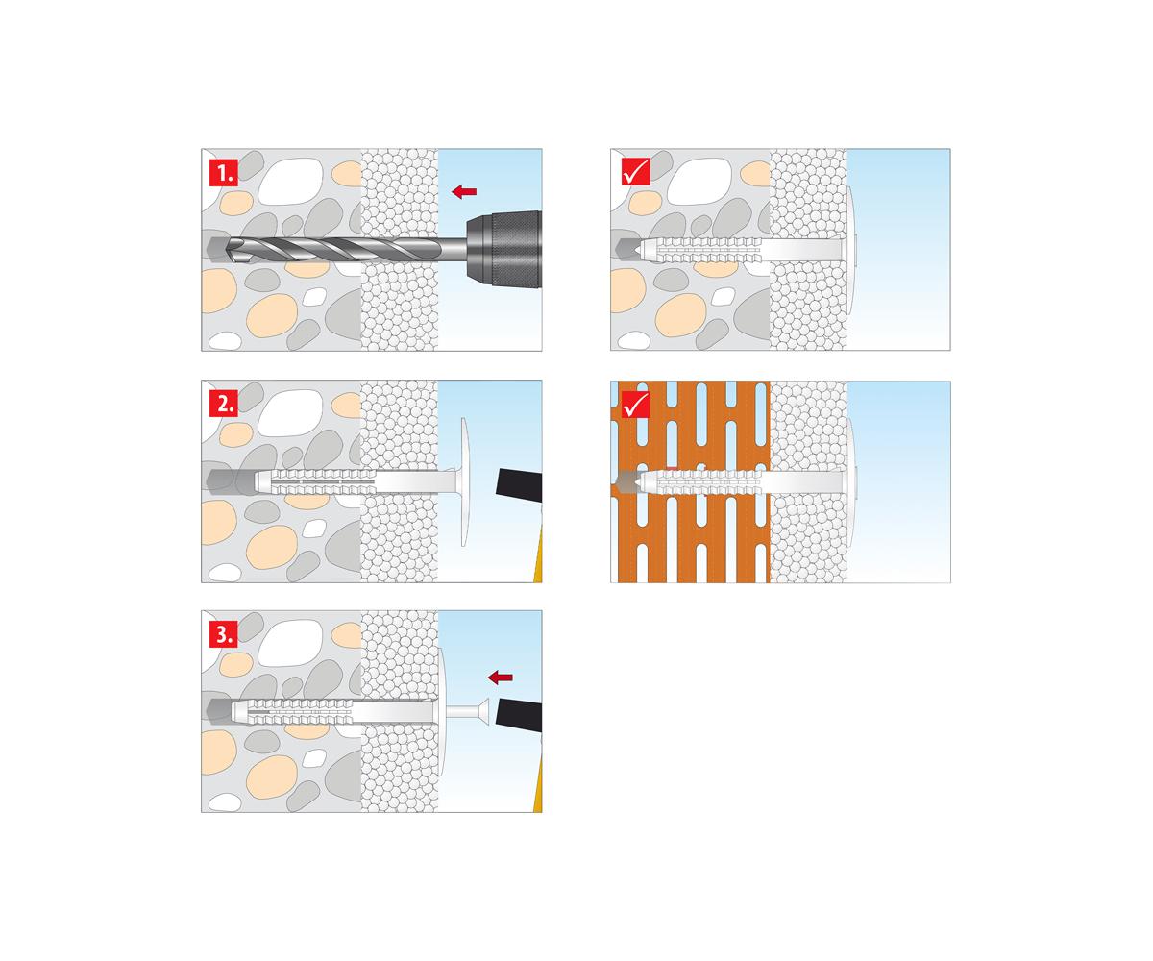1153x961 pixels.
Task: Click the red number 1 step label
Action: point(224,172)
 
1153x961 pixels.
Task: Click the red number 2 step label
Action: point(224,404)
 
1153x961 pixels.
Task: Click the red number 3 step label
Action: point(224,634)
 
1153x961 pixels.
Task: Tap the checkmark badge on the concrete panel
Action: point(635,171)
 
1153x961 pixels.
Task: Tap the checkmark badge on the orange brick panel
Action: point(635,405)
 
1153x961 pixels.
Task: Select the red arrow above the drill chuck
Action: point(464,191)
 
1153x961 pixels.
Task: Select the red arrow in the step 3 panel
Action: point(501,677)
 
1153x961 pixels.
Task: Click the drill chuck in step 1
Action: point(503,249)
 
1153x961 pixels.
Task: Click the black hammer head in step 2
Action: point(519,484)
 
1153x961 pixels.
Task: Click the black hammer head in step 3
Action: point(519,714)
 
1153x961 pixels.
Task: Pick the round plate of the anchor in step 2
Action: point(463,482)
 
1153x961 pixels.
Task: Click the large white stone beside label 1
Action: point(290,182)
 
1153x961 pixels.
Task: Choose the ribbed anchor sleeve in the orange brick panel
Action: point(700,482)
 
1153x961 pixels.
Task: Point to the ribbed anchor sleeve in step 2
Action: point(316,482)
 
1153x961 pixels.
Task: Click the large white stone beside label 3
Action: point(290,643)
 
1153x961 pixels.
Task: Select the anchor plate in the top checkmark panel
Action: point(848,249)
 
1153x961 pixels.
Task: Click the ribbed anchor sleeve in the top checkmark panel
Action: point(700,250)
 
